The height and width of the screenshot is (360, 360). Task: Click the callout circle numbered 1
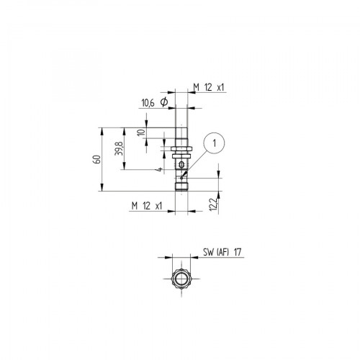[x=214, y=144]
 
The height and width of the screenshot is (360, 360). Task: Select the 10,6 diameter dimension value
[x=148, y=104]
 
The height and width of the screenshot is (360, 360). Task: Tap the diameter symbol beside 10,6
[x=163, y=104]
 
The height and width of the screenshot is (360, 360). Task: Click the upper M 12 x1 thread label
[x=209, y=88]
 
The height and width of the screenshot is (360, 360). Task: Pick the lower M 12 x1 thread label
[x=148, y=205]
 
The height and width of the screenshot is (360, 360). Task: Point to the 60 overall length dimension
[x=95, y=160]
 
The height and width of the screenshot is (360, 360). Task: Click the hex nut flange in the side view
[x=180, y=152]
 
